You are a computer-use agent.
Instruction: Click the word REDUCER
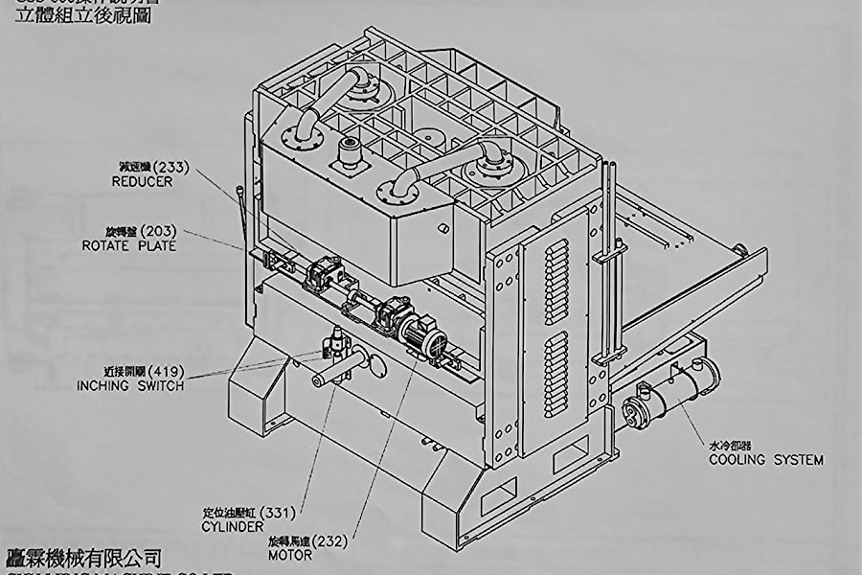[142, 181]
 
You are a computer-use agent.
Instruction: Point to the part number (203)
[159, 231]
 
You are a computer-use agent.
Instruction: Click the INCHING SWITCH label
[129, 385]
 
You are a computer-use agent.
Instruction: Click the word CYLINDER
[233, 527]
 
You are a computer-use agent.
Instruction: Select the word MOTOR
[289, 555]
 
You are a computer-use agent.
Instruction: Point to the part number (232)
[330, 540]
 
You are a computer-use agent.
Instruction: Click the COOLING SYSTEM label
[765, 460]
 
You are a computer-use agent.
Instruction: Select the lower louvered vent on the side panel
[556, 374]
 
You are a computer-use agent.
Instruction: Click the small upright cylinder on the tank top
[347, 152]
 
